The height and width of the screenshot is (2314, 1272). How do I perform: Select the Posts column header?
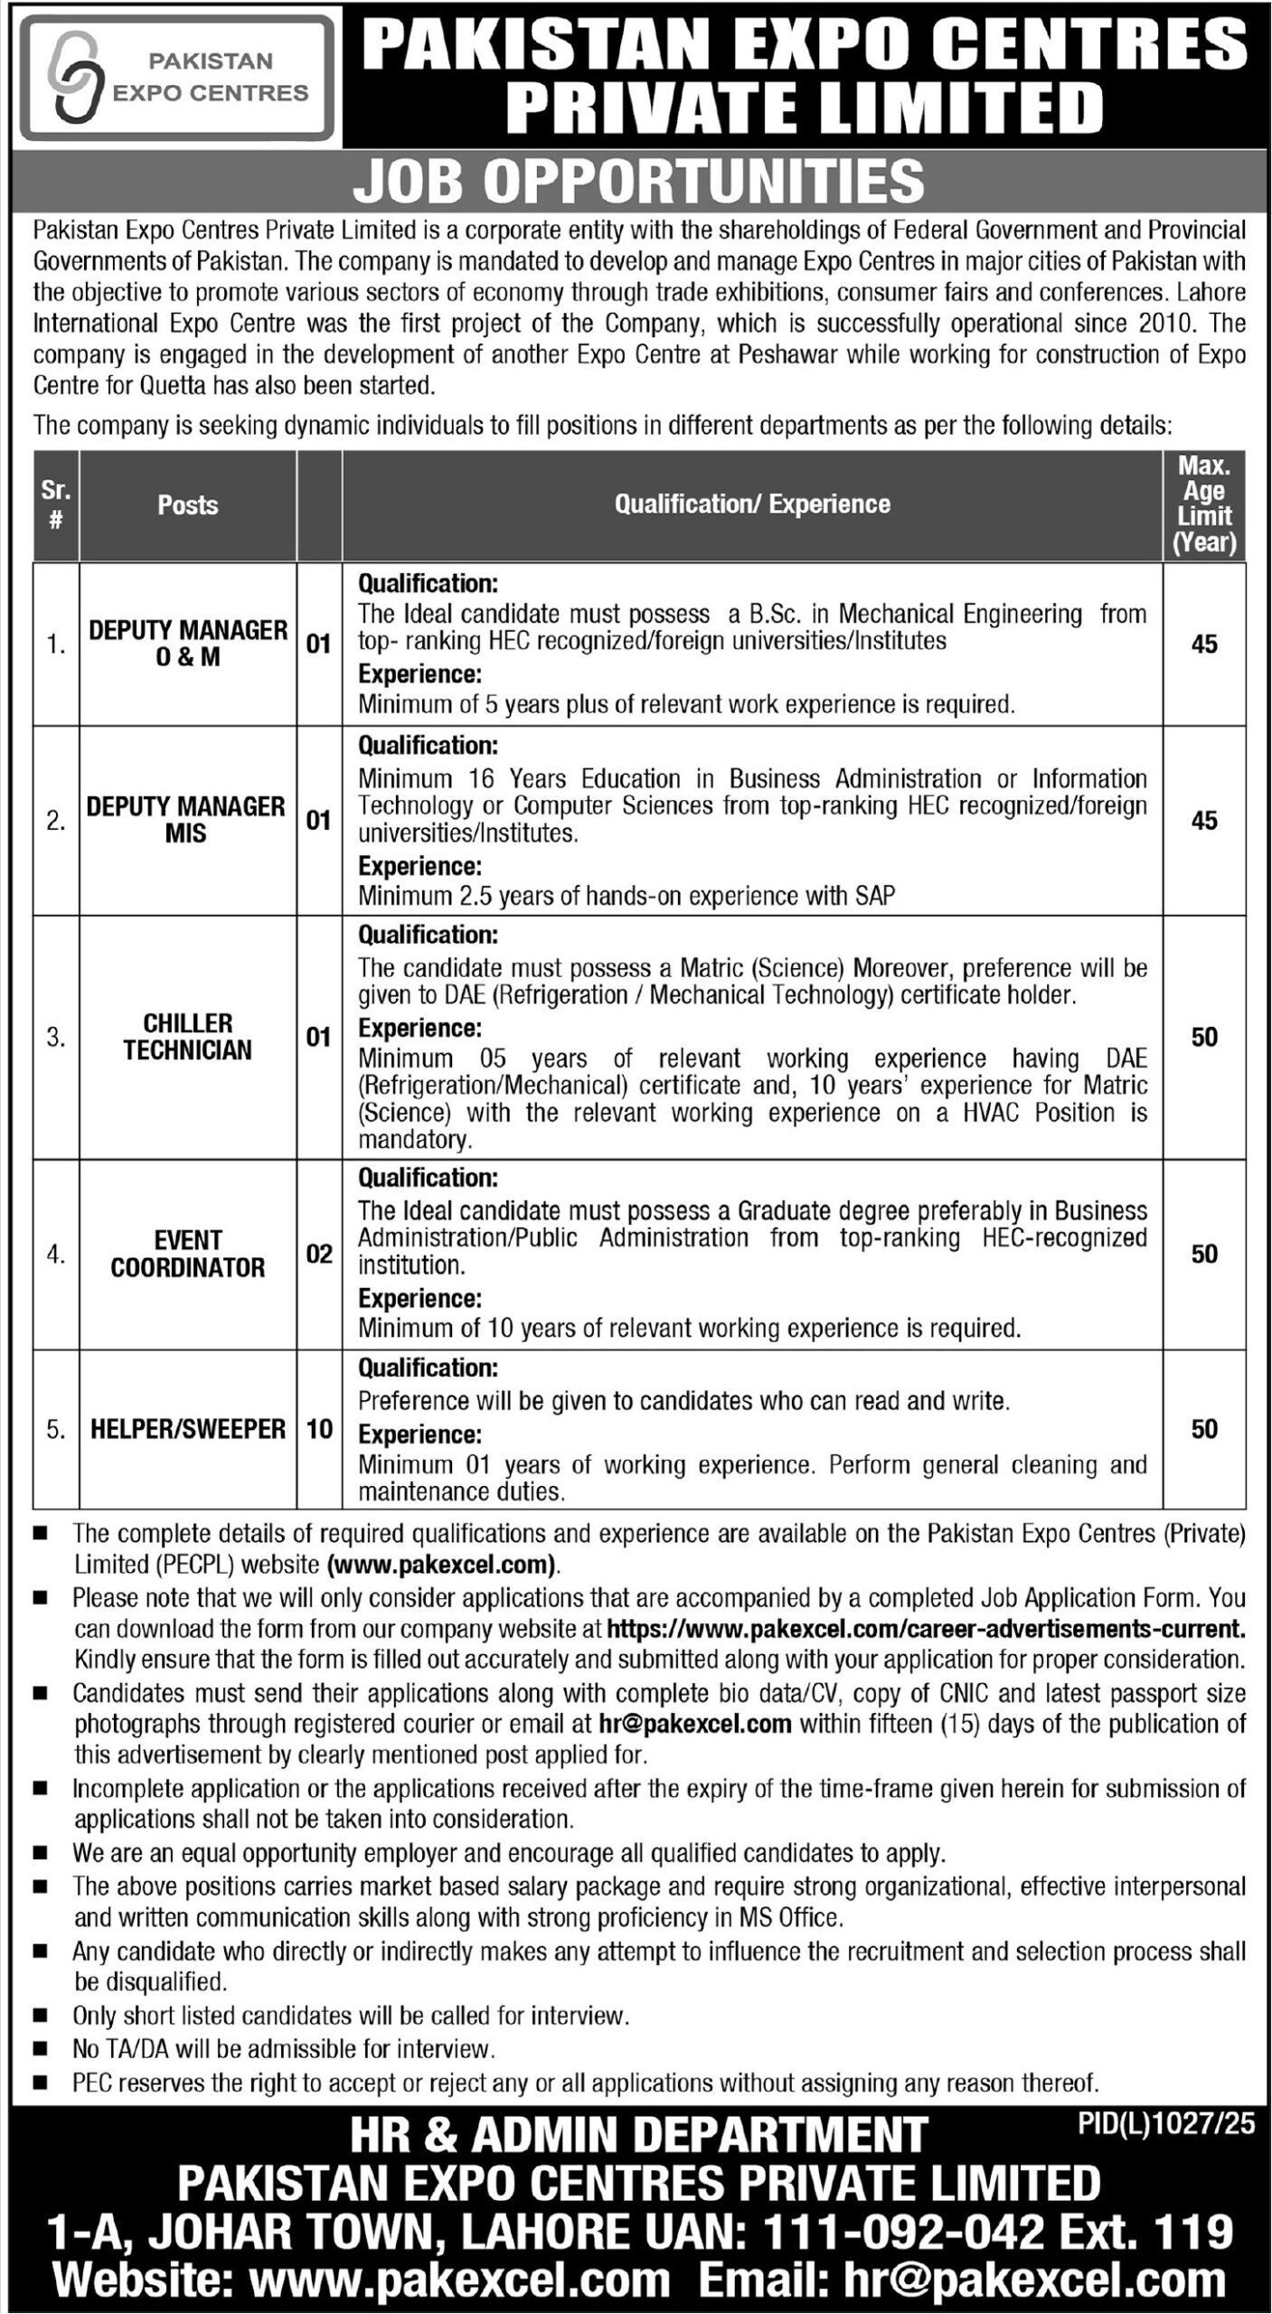tap(188, 505)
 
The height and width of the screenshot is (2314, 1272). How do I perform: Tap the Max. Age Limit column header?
tap(1204, 505)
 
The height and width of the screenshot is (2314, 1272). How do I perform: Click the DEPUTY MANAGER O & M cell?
tap(188, 644)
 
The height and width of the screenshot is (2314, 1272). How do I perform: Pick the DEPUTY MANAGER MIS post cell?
tap(186, 820)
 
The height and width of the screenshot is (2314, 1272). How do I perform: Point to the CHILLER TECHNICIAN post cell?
tap(188, 1037)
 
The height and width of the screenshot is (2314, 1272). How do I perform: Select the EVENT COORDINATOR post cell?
tap(188, 1254)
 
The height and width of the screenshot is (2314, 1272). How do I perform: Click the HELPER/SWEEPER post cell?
tap(188, 1428)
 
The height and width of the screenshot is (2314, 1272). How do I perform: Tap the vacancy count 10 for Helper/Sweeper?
tap(319, 1428)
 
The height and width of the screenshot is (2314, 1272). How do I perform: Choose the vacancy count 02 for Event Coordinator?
tap(319, 1254)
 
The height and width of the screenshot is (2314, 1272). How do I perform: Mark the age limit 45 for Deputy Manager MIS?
tap(1204, 820)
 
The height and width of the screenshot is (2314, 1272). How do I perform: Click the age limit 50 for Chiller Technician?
tap(1204, 1037)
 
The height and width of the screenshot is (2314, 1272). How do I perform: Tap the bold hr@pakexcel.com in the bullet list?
tap(695, 1724)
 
